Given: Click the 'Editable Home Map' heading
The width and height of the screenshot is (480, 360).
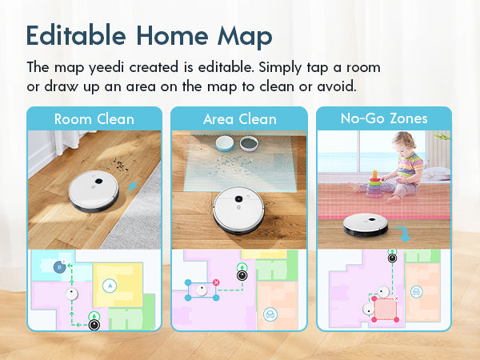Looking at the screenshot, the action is point(149,36).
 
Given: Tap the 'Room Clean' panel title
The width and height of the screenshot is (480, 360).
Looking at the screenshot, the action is point(94,119).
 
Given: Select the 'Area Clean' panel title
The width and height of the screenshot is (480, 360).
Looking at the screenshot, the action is point(240,119).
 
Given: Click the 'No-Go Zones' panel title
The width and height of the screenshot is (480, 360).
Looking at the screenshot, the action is point(384,118).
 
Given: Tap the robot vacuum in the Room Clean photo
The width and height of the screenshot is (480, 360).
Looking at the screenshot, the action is point(94,191).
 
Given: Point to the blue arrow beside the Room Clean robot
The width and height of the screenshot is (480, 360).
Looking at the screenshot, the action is point(132,187).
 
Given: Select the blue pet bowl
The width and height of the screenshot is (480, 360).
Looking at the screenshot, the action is point(225,143).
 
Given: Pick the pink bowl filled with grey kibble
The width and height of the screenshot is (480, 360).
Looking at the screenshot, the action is point(249,143).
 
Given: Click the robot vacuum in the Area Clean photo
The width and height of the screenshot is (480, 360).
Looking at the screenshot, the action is point(239,210).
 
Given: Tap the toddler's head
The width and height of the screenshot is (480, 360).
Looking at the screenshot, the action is point(405,143).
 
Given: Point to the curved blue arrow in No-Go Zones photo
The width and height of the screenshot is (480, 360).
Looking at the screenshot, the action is point(403,234).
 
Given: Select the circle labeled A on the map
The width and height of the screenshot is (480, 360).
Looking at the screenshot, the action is point(110,286).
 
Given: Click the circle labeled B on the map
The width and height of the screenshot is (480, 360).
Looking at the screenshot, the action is point(60,267).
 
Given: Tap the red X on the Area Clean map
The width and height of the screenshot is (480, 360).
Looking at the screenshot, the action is point(216,282).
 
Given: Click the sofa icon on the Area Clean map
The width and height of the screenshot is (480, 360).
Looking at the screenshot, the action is point(270,314).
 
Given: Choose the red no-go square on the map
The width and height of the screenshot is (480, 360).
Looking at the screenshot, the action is point(385,309).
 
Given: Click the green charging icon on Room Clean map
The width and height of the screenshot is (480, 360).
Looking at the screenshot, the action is point(94,316).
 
